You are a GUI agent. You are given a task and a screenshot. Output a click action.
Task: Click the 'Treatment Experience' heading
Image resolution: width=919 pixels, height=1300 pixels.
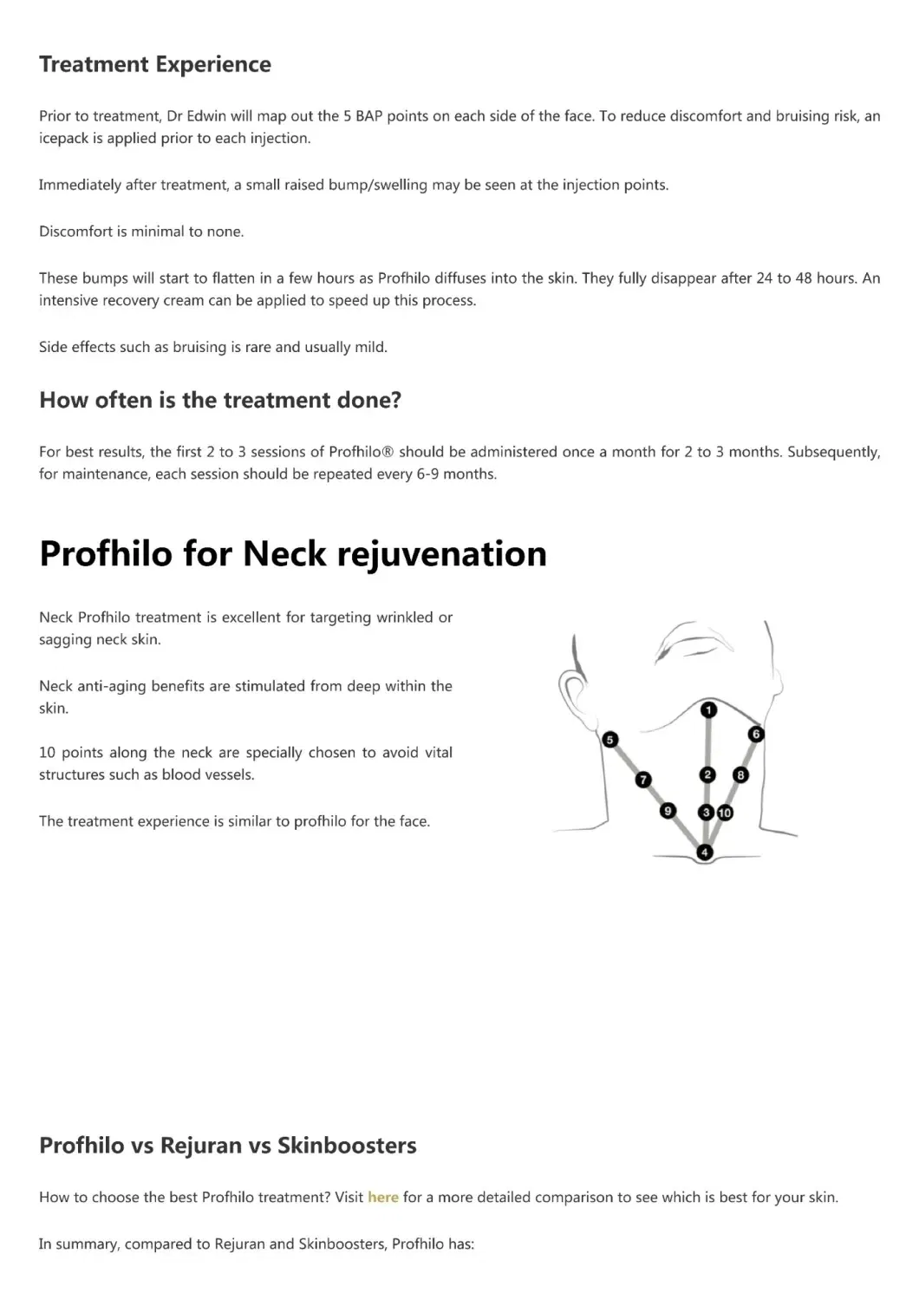pos(155,64)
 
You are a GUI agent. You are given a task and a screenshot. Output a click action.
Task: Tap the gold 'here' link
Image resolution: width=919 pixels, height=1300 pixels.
pos(382,1197)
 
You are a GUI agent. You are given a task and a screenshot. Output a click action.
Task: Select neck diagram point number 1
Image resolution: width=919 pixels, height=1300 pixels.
pos(708,710)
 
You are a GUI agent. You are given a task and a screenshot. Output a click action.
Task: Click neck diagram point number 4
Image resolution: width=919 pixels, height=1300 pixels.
pos(705,853)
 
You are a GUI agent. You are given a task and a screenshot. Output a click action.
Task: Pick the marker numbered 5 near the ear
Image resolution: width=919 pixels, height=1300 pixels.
pos(610,740)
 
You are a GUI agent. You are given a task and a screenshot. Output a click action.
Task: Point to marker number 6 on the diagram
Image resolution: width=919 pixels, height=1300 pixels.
pos(756,735)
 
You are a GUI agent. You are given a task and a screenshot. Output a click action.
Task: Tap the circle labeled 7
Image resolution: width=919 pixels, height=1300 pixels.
pos(643,780)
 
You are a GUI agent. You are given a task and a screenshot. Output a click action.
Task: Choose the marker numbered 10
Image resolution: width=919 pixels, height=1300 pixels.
pos(725,813)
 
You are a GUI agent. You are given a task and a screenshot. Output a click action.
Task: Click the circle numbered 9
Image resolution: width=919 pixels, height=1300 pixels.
pos(667,811)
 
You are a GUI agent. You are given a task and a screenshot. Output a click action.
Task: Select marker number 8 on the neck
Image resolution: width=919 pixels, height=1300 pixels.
pos(740,774)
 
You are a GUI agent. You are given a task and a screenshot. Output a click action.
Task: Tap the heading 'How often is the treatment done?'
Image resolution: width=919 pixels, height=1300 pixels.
pos(220,400)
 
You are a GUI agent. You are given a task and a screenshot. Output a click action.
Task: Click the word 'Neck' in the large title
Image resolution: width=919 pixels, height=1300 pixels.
pos(283,553)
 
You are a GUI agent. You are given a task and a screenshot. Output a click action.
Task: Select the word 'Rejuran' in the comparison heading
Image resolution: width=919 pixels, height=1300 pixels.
pos(201,1146)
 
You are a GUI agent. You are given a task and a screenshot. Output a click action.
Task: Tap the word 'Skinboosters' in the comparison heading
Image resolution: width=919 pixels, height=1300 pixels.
pos(347,1146)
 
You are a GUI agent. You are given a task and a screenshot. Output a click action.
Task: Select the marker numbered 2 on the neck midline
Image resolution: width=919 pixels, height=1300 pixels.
pos(707,774)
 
